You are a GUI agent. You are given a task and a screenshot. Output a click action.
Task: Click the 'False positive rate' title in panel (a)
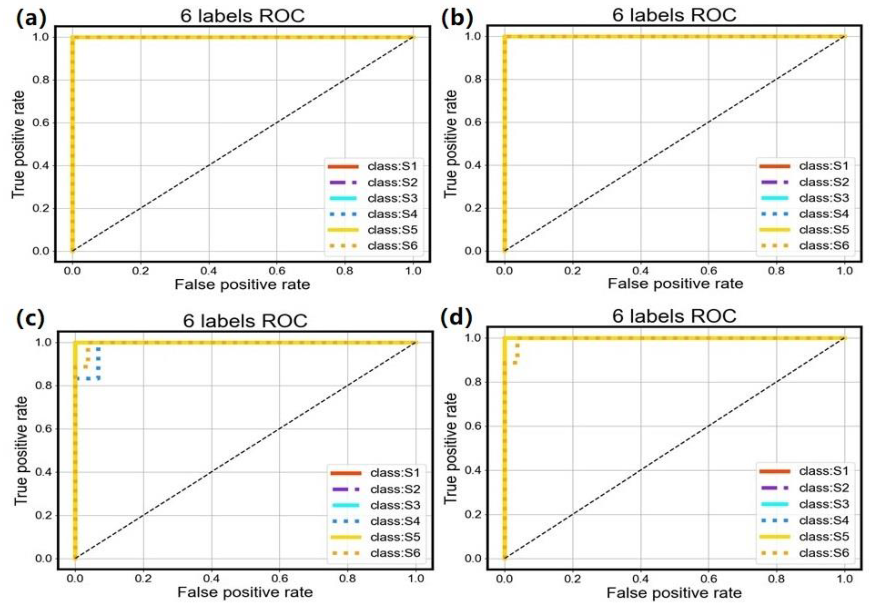pos(242,284)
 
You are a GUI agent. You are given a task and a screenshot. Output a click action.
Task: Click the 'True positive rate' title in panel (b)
pos(450,143)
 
